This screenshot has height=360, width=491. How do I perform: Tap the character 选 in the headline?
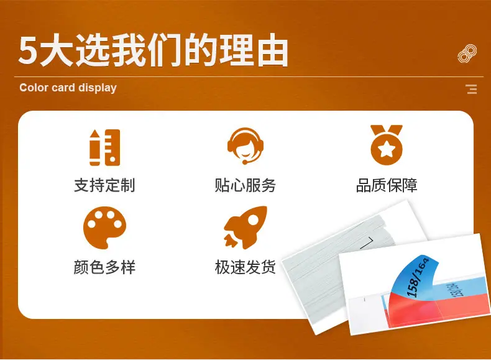[x=93, y=50]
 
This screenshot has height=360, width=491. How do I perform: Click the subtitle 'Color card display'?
[x=68, y=88]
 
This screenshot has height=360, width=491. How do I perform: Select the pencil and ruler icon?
[x=104, y=147]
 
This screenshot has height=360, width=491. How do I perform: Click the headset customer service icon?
[x=245, y=145]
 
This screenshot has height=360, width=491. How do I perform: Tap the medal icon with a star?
[x=387, y=145]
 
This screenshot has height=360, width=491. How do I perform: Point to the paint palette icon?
[x=104, y=228]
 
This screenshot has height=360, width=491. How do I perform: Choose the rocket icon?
[x=245, y=228]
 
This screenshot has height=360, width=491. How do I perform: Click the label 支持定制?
[x=104, y=185]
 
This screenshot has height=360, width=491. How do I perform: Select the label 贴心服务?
[x=245, y=185]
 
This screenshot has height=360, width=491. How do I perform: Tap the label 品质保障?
[x=387, y=185]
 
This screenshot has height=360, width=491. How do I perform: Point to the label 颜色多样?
[x=104, y=267]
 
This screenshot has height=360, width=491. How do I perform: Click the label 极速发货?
[x=245, y=267]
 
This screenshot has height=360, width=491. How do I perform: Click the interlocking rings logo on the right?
[x=467, y=53]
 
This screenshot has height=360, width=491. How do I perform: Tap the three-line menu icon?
[x=471, y=89]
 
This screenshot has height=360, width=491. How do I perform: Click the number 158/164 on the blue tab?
[x=418, y=277]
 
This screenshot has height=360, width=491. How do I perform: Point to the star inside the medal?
[x=387, y=149]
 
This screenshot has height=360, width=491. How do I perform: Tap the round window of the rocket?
[x=253, y=221]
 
